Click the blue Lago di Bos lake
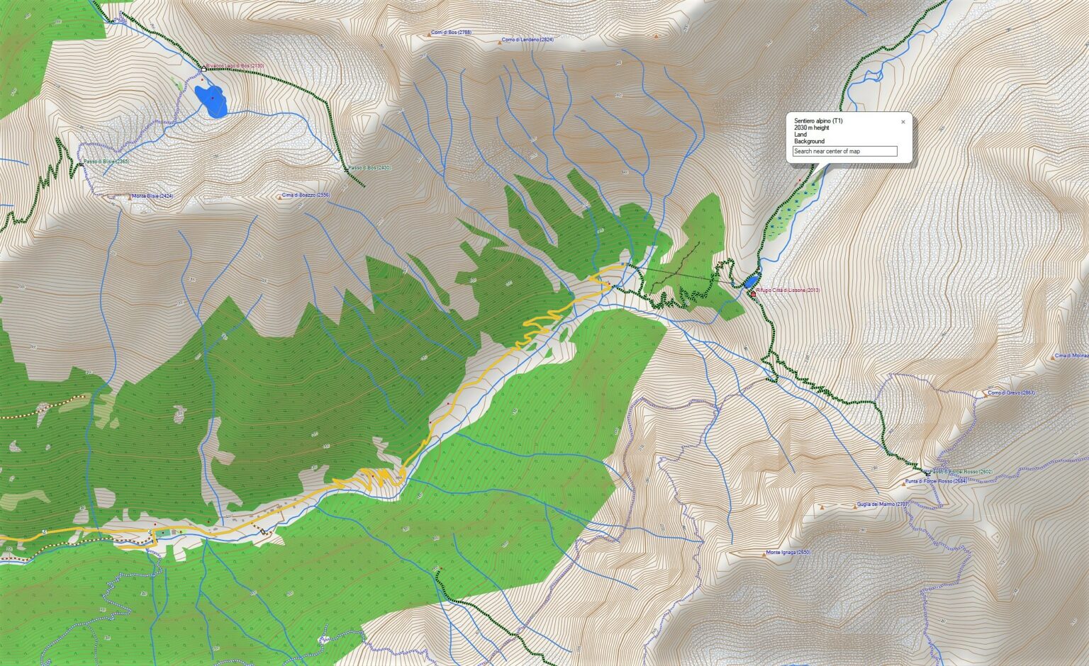(211, 101)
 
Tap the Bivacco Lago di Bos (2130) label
(235, 66)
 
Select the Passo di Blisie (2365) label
(106, 162)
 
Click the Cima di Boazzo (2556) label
(306, 195)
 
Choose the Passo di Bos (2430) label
(369, 168)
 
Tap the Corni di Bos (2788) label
(451, 33)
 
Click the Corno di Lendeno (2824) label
(527, 40)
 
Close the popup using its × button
(903, 122)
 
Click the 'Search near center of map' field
(844, 151)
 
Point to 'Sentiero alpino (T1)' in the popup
(818, 121)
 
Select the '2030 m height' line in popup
(811, 128)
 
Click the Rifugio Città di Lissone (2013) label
(788, 290)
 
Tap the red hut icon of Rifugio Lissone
(752, 293)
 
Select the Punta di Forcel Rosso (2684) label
(936, 481)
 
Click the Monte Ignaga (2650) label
(788, 553)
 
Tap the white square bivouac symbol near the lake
(203, 69)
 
